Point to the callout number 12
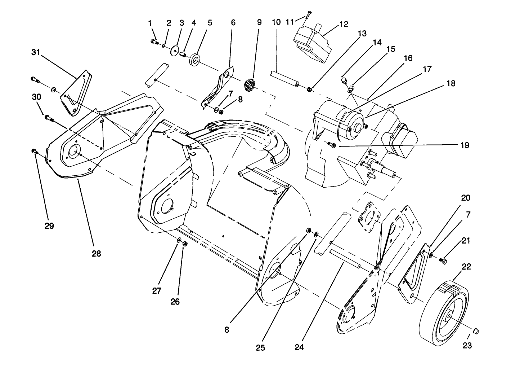coord(344,24)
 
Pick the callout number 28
coord(96,253)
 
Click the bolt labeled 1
coord(154,42)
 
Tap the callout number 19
coord(465,145)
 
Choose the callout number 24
coord(299,347)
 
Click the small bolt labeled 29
coord(34,151)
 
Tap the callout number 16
coord(408,58)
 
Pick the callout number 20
coord(466,198)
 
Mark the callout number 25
coord(260,347)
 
